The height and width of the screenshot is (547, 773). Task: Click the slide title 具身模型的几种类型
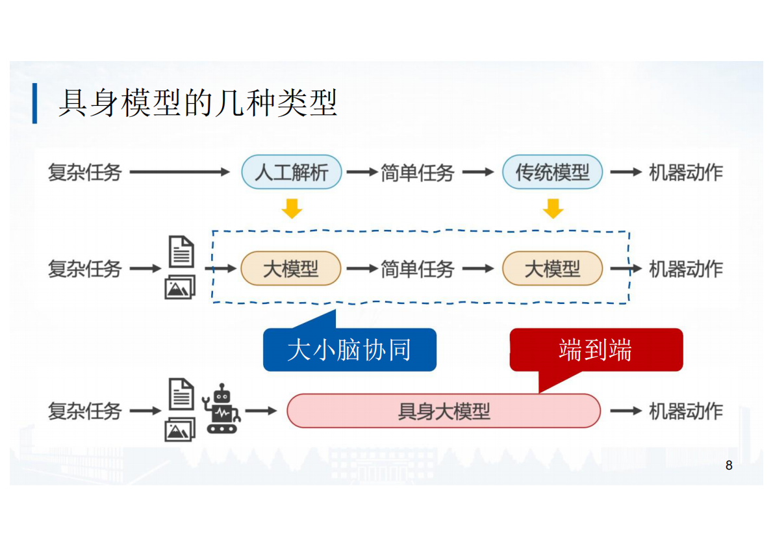click(198, 103)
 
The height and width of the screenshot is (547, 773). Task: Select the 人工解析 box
click(291, 172)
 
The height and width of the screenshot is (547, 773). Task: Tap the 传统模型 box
click(552, 172)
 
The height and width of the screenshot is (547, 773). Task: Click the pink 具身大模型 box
click(444, 411)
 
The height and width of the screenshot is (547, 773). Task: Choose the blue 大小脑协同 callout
click(349, 350)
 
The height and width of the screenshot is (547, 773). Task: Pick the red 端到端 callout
click(596, 350)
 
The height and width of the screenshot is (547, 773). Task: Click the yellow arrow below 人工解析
click(292, 209)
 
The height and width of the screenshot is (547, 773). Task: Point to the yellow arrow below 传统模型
click(553, 209)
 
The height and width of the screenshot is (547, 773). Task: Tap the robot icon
click(222, 409)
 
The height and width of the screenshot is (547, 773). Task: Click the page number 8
click(729, 465)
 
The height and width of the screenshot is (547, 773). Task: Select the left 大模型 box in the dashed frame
click(291, 268)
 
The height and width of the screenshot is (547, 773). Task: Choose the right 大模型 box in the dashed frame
click(552, 268)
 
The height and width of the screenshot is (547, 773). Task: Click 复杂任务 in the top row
click(84, 172)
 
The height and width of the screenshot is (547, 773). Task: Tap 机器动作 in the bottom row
click(686, 411)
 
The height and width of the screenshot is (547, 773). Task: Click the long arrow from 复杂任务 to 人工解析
click(180, 172)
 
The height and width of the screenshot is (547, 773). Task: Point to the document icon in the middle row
click(181, 251)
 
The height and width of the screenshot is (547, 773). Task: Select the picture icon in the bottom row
click(180, 429)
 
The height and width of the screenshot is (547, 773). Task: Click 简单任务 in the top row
click(417, 172)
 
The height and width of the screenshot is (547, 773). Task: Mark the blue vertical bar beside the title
click(34, 103)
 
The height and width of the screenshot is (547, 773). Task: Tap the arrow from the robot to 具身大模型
click(261, 411)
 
